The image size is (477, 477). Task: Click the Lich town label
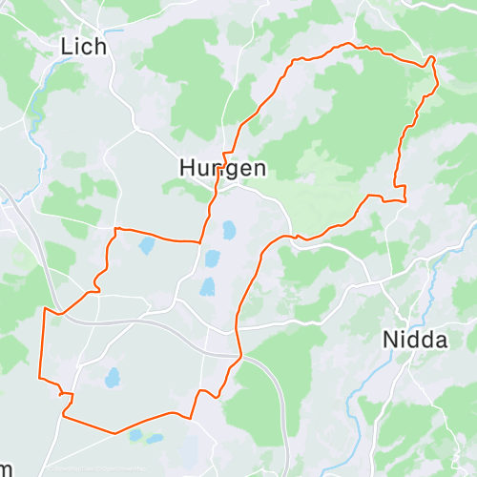coord(83,45)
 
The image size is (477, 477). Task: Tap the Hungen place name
coord(222,168)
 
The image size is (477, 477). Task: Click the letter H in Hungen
coord(187,168)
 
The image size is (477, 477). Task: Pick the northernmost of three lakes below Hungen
coord(229,230)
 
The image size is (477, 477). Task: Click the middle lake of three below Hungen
coord(212,259)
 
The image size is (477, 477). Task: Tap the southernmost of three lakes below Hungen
coord(208,286)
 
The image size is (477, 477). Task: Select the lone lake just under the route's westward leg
coord(146,246)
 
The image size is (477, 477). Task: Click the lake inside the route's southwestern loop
coord(113,378)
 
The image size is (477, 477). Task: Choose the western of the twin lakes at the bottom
coord(135,435)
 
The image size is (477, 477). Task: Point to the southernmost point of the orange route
coord(114,433)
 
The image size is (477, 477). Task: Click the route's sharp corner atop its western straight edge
coord(45,308)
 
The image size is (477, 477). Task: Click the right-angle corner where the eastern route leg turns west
coord(405,200)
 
